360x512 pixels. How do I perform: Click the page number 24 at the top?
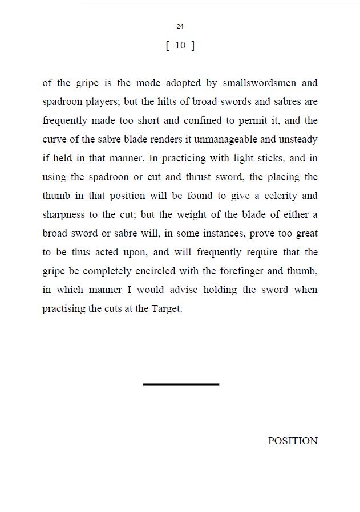[180, 26]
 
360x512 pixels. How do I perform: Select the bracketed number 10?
[180, 46]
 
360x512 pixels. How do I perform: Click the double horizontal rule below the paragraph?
[181, 385]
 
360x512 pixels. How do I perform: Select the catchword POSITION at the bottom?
[293, 441]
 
